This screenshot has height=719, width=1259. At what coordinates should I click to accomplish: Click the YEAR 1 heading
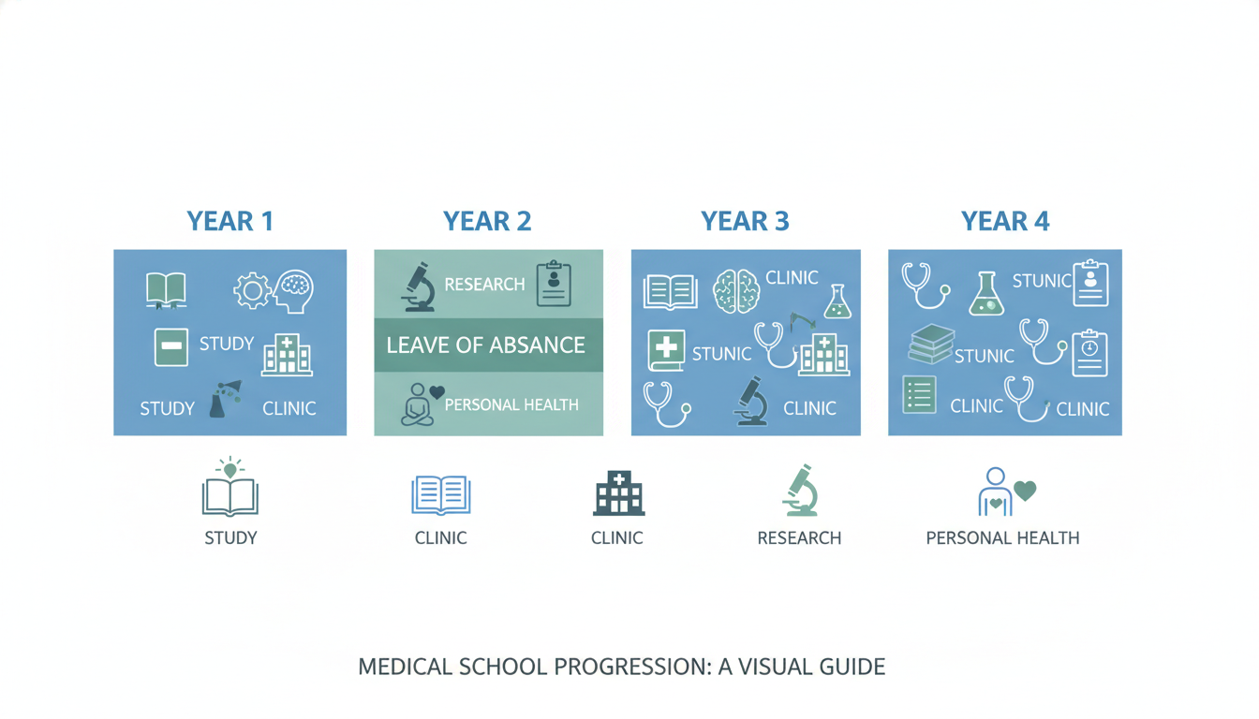coord(230,221)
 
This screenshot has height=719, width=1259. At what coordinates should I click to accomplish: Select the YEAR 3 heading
coord(745,221)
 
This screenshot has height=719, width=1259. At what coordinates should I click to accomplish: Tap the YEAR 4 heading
coord(1005,221)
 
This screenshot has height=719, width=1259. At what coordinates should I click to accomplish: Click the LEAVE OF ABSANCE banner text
coord(485,345)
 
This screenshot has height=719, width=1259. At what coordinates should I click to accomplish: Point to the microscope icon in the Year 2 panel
coord(418,286)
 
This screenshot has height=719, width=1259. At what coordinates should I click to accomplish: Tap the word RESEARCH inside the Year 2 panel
coord(484,284)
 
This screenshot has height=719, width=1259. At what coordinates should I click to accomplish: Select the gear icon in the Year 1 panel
coord(251,291)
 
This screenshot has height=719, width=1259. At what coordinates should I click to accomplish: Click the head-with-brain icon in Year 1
coord(293,290)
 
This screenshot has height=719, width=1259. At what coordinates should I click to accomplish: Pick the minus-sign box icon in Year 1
coord(171,346)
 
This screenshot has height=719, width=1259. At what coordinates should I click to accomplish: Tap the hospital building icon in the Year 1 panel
coord(287,356)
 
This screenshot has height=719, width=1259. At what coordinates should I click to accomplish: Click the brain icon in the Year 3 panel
coord(735,291)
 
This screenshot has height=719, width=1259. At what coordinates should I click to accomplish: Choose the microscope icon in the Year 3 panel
coord(751,402)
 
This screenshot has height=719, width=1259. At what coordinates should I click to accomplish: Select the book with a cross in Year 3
coord(666,350)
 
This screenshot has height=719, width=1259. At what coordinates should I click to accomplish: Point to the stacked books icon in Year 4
coord(931,345)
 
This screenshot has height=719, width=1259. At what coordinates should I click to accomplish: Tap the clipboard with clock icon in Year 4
coord(1089,352)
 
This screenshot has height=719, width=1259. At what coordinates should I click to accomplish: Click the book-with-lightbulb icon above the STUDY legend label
coord(230,488)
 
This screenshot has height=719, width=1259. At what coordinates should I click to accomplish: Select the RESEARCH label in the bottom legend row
coord(799,538)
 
